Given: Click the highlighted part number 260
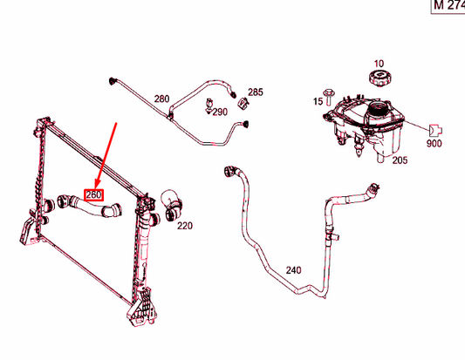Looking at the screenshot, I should click(92, 194).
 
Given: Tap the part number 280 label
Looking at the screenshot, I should click(161, 98).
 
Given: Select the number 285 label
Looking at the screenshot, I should click(255, 92).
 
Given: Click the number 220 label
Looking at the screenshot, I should click(185, 226).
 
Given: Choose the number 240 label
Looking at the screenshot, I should click(294, 270).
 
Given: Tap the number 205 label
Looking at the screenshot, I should click(400, 160).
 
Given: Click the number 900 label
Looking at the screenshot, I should click(434, 144).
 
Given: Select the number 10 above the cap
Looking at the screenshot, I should click(379, 64).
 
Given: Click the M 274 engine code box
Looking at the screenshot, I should click(448, 5).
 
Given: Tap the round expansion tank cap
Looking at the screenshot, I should click(379, 79).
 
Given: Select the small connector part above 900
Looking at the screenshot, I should click(436, 129).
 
